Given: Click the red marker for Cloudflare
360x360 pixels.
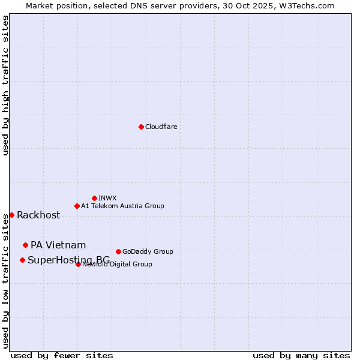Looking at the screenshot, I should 141,127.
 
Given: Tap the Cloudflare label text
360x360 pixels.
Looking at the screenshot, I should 161,127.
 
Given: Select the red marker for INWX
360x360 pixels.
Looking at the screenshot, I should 94,198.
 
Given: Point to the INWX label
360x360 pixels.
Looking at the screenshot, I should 107,198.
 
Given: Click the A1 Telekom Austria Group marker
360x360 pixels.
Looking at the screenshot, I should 77,206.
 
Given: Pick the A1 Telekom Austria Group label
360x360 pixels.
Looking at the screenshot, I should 122,206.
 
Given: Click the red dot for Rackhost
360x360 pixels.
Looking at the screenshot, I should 11,215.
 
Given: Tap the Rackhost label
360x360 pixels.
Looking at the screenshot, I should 38,215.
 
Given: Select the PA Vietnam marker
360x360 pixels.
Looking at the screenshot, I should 25,245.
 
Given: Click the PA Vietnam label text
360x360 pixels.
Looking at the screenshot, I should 58,245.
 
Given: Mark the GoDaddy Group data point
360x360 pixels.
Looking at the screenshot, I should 118,251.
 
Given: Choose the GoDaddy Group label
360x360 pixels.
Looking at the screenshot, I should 148,251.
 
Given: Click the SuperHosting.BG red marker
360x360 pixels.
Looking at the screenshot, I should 22,260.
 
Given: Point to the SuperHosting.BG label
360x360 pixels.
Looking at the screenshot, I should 68,260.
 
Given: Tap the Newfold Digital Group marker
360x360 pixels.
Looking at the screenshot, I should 78,264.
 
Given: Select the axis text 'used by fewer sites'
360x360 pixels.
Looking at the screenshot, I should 62,355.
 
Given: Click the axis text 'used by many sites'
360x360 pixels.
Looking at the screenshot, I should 301,355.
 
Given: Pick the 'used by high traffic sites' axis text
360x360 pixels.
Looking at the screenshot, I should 5,85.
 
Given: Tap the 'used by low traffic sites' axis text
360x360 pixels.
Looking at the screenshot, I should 5,281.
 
